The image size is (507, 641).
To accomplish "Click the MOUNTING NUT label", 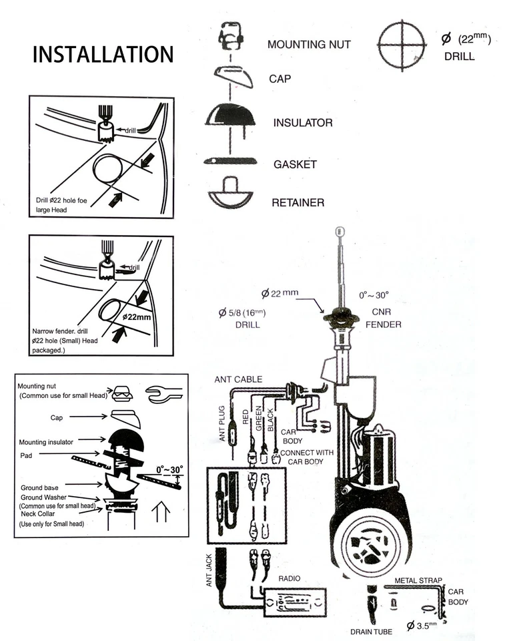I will (x=308, y=45).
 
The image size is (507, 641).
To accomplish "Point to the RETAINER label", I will (x=298, y=202).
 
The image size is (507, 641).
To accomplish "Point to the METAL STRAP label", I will (x=418, y=581).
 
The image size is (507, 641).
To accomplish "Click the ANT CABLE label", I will (x=238, y=379).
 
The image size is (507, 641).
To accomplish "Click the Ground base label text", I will (x=42, y=483).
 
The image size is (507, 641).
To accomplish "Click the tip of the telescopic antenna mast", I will (x=339, y=231).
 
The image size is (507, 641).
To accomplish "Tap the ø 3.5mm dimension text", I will (x=424, y=626).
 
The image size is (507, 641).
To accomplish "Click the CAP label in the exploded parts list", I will (x=280, y=78).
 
